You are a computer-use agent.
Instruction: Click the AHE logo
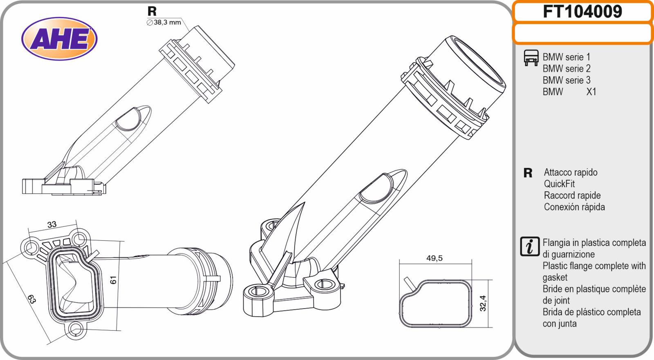tap(59, 38)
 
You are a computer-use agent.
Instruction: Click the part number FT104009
tap(582, 12)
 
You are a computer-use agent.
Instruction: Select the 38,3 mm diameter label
tap(164, 22)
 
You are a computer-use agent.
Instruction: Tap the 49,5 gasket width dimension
tap(435, 258)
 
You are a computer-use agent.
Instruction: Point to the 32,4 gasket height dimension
tap(483, 303)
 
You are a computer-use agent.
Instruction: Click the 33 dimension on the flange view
tap(52, 224)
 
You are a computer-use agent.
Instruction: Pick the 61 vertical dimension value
tap(113, 280)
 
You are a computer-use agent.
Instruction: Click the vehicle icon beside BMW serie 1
tap(531, 58)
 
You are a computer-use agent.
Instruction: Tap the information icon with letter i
tap(530, 246)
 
